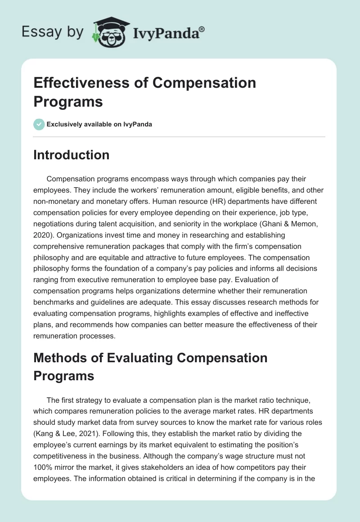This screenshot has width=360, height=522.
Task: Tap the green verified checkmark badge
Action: [x=39, y=124]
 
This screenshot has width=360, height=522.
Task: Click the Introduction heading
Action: [x=72, y=155]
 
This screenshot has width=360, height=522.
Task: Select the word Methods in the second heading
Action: [x=60, y=358]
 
